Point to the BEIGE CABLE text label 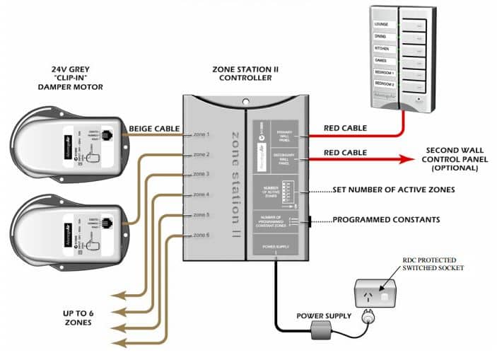151,129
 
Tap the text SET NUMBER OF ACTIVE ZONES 393,190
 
